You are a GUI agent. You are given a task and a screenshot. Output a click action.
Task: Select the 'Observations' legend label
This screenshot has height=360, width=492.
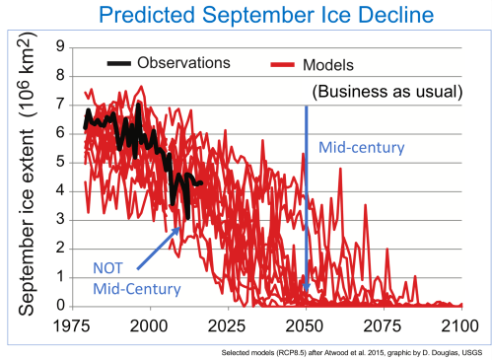pyautogui.click(x=185, y=63)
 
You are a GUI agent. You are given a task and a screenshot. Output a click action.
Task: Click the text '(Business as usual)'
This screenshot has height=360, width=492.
pyautogui.click(x=381, y=92)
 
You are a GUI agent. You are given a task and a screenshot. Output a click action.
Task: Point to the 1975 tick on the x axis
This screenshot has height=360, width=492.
pyautogui.click(x=74, y=324)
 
